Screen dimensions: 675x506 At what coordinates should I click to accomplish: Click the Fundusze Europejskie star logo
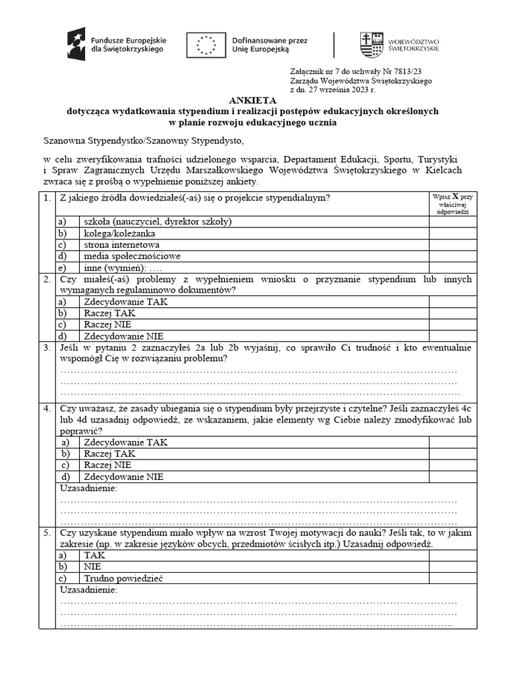[76, 44]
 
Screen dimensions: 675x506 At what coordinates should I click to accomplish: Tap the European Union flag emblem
[206, 44]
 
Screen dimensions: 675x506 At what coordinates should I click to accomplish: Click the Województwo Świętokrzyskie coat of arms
[370, 44]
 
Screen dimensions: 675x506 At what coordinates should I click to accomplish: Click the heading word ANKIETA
[253, 101]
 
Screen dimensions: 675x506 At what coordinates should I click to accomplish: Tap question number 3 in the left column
[47, 347]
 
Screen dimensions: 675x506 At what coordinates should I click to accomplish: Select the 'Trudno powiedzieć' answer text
[123, 578]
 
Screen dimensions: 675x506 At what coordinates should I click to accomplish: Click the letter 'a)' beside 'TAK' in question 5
[64, 555]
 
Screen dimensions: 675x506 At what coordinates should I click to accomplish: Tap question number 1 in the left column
[47, 198]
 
